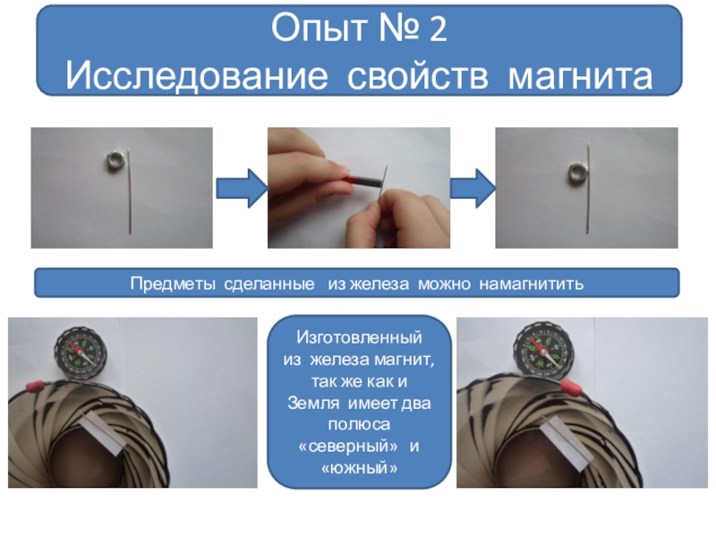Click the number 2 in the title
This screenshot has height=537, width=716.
click(438, 29)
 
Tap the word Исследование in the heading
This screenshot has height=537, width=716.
click(197, 76)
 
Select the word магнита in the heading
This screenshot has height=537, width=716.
click(580, 76)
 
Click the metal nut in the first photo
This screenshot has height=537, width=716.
click(115, 162)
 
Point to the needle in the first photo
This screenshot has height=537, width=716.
click(129, 192)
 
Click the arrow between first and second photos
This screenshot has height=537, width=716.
click(242, 188)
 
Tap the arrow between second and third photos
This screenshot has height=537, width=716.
click(473, 188)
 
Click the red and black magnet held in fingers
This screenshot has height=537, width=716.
click(365, 181)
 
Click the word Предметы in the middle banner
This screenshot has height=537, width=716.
click(173, 284)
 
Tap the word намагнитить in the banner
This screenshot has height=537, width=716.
click(531, 284)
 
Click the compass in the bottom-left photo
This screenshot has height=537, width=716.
click(81, 353)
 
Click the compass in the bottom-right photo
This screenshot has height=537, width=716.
click(543, 349)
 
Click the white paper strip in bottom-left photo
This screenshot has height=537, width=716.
click(104, 432)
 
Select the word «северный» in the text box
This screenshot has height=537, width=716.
click(347, 446)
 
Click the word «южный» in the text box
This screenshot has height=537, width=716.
click(360, 467)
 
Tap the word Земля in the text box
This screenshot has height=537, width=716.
click(313, 404)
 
